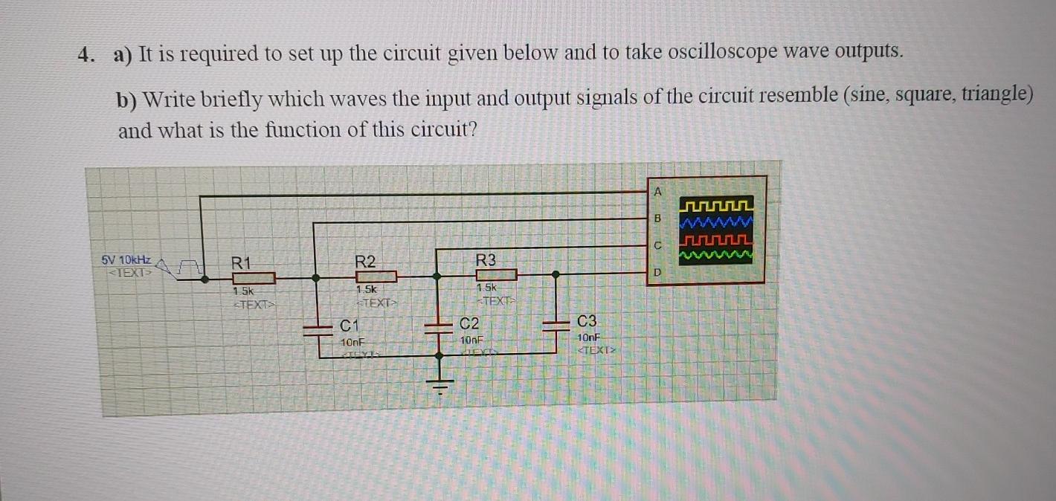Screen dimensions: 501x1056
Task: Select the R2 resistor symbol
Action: (x=376, y=277)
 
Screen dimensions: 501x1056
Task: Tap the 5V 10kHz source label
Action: (x=126, y=260)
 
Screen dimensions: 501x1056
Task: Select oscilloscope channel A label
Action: (x=657, y=191)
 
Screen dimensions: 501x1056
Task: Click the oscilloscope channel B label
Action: (x=657, y=219)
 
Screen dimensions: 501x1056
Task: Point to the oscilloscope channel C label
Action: (x=657, y=245)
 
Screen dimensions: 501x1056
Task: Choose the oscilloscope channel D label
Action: (x=657, y=273)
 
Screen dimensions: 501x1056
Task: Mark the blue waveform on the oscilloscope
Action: (x=718, y=222)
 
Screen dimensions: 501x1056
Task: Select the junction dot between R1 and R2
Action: (x=316, y=278)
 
